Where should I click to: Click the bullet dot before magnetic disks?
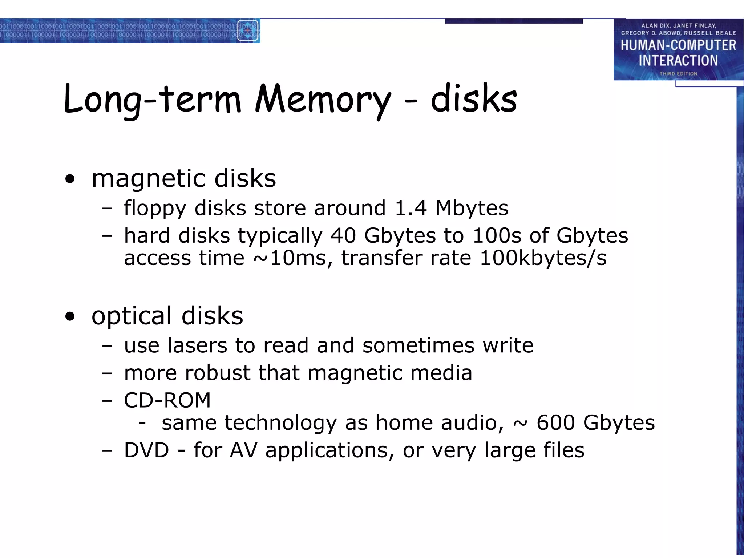70,179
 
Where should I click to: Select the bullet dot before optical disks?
70,316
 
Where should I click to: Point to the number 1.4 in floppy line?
411,209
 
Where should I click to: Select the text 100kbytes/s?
543,258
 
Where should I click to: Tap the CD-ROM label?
167,400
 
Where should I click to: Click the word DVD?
146,450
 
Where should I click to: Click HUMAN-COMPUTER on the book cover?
678,45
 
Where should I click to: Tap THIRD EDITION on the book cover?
678,74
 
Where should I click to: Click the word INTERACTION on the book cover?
678,61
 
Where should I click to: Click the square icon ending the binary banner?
248,31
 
